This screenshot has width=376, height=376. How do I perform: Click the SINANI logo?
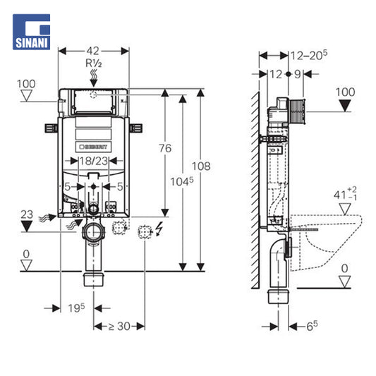(32, 32)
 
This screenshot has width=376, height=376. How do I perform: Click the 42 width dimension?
(93, 51)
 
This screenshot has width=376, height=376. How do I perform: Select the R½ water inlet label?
(94, 63)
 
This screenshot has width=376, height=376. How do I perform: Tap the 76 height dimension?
(165, 148)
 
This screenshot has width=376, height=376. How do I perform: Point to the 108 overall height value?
(201, 166)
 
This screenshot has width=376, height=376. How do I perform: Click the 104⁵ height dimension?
(182, 181)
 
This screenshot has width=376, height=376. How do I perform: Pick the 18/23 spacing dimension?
(94, 161)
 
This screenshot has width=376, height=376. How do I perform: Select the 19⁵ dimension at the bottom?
(76, 308)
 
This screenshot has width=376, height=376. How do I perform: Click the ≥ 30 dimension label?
(119, 326)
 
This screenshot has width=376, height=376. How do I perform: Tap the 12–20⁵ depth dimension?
(309, 56)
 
